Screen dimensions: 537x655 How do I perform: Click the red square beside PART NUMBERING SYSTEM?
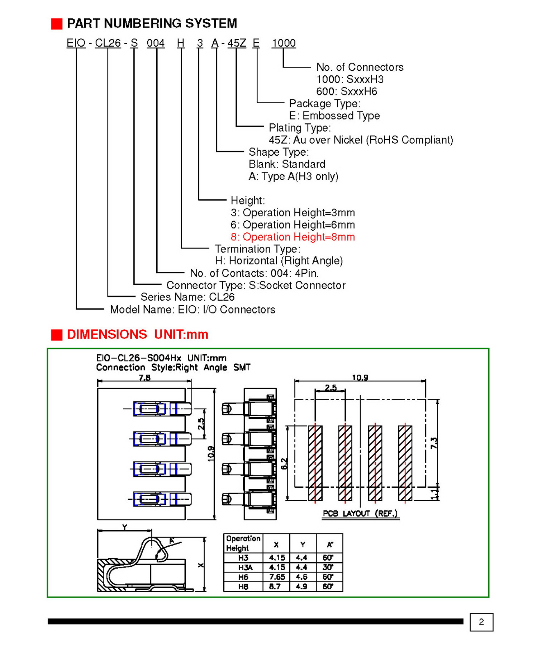(57, 24)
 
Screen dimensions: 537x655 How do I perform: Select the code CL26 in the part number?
(108, 43)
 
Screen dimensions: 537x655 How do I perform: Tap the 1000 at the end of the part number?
(284, 43)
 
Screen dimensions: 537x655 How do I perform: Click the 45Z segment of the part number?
(237, 43)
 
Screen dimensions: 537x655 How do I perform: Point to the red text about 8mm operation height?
(293, 237)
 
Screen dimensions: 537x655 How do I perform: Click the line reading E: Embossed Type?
(334, 116)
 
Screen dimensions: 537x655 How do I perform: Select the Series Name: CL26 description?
(187, 297)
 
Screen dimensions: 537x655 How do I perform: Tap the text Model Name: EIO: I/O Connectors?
(193, 309)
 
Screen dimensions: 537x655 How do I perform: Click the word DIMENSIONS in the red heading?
(107, 334)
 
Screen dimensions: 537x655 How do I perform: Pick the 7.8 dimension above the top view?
(144, 377)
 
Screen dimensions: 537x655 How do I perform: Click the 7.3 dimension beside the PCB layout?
(434, 443)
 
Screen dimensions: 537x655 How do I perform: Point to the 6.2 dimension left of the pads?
(284, 463)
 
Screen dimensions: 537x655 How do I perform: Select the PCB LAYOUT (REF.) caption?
(360, 513)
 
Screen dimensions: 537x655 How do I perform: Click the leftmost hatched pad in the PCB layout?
(315, 463)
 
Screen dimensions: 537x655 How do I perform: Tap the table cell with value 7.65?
(277, 577)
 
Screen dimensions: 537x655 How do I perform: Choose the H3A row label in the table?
(246, 567)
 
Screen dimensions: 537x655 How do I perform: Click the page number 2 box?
(481, 622)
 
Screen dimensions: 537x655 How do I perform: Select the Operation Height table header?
(243, 543)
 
